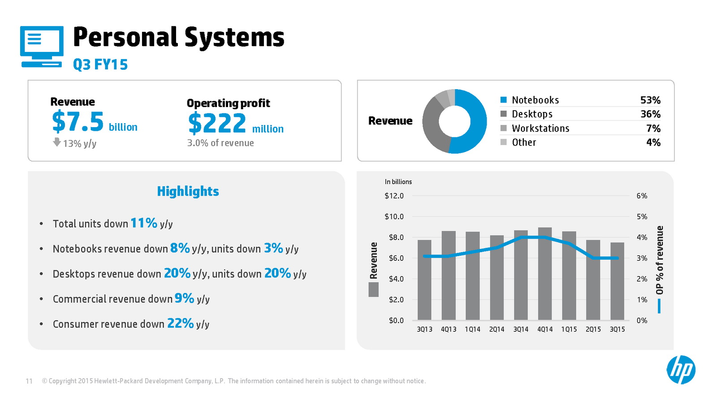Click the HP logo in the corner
tap(681, 370)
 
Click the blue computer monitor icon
tap(42, 47)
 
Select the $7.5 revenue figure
tap(78, 122)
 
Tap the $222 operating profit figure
tap(217, 123)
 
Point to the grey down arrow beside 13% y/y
tap(57, 142)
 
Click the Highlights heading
tap(188, 191)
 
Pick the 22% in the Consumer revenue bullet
tap(180, 323)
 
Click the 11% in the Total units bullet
tap(143, 223)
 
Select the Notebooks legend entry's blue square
tap(504, 100)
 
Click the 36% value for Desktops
tap(650, 114)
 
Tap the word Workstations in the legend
tap(540, 129)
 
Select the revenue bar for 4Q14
tap(545, 274)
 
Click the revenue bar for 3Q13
tap(424, 280)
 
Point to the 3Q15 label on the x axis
tap(617, 329)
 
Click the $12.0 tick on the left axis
tap(394, 196)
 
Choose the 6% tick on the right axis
tap(642, 196)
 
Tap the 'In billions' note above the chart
tap(398, 182)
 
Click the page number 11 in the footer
tap(29, 381)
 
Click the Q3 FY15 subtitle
tap(100, 64)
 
